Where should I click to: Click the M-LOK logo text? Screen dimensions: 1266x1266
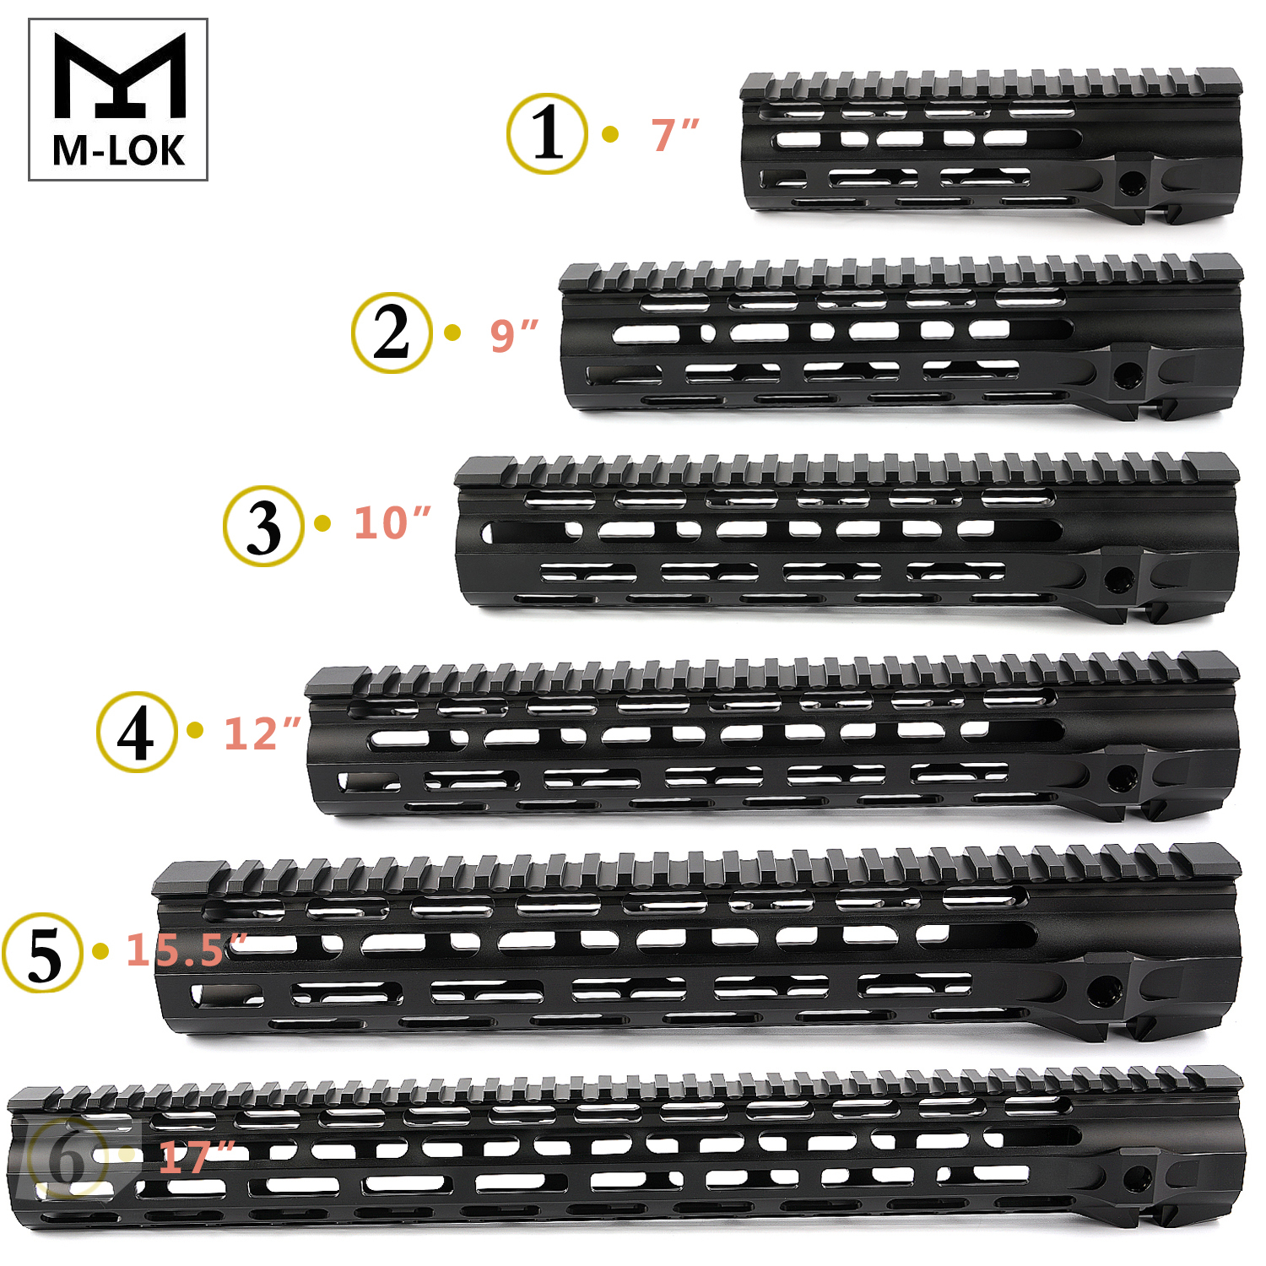click(x=118, y=150)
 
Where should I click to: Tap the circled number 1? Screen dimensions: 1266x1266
click(x=547, y=134)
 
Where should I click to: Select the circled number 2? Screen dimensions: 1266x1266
click(x=392, y=333)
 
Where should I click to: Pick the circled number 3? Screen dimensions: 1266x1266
click(x=263, y=526)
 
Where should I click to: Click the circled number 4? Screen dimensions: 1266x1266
click(x=137, y=732)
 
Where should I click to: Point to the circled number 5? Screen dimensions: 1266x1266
click(x=42, y=953)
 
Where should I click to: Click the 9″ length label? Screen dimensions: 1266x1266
click(x=514, y=335)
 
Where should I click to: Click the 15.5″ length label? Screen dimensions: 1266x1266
click(x=186, y=950)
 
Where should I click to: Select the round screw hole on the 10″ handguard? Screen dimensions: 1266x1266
click(x=1119, y=579)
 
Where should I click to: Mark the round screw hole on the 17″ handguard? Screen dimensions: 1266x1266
click(x=1137, y=1178)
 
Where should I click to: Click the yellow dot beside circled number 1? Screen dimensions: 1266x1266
click(x=610, y=134)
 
